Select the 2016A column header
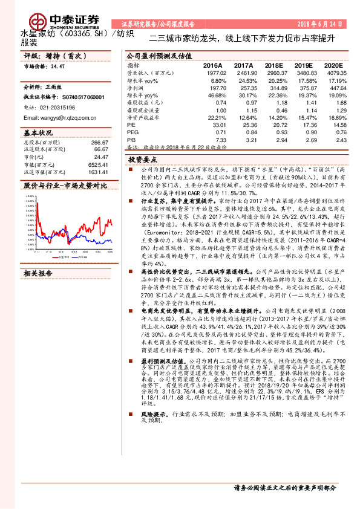tap(212, 65)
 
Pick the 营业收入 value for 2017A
tap(243, 72)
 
